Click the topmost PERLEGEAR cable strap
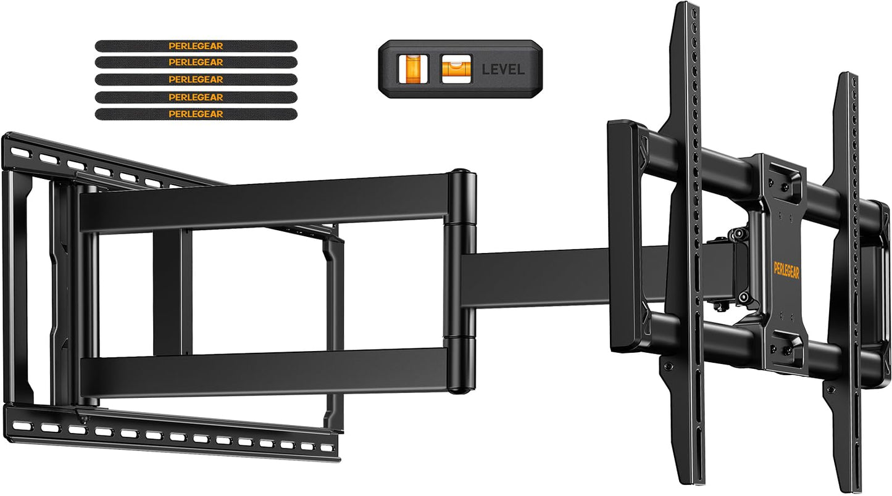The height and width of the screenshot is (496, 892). click(x=196, y=46)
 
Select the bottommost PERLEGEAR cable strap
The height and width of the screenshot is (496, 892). click(x=196, y=114)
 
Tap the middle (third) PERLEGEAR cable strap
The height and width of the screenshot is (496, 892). click(x=196, y=80)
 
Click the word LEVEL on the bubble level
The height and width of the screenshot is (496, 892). click(x=502, y=69)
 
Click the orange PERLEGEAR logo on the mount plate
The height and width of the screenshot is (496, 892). click(x=786, y=270)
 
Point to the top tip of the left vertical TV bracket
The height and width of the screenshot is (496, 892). click(x=686, y=9)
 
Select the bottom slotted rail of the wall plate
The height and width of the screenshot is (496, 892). click(x=173, y=434)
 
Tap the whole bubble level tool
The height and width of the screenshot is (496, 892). click(x=459, y=68)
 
